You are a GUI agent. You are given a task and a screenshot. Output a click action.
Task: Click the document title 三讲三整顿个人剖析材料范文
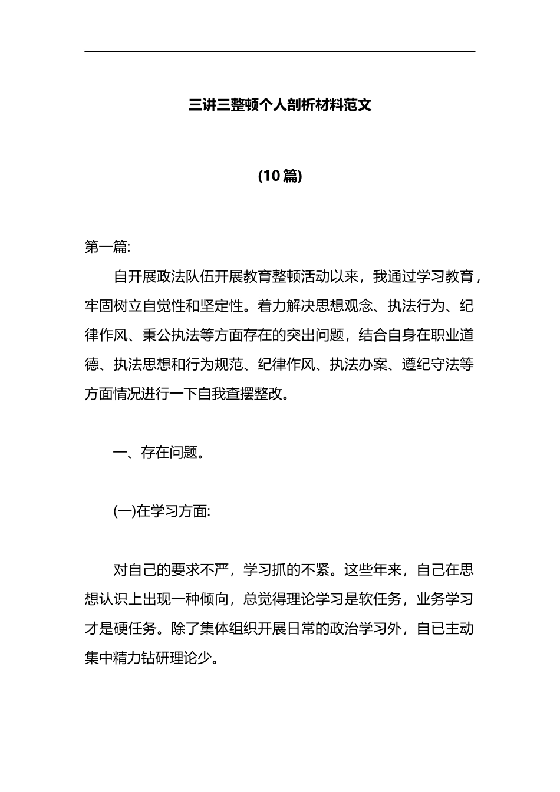tap(280, 106)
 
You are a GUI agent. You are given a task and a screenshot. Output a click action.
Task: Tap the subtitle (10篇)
tap(280, 176)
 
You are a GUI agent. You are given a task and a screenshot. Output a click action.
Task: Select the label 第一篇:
tap(107, 247)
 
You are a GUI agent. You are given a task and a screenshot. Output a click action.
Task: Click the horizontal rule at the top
tap(280, 52)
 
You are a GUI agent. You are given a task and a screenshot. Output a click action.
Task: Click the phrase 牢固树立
tap(113, 306)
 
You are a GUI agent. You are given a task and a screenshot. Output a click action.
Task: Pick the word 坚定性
tap(222, 306)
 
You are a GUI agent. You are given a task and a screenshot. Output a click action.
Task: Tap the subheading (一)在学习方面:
tap(162, 512)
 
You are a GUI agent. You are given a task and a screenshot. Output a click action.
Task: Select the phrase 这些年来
tap(373, 570)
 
